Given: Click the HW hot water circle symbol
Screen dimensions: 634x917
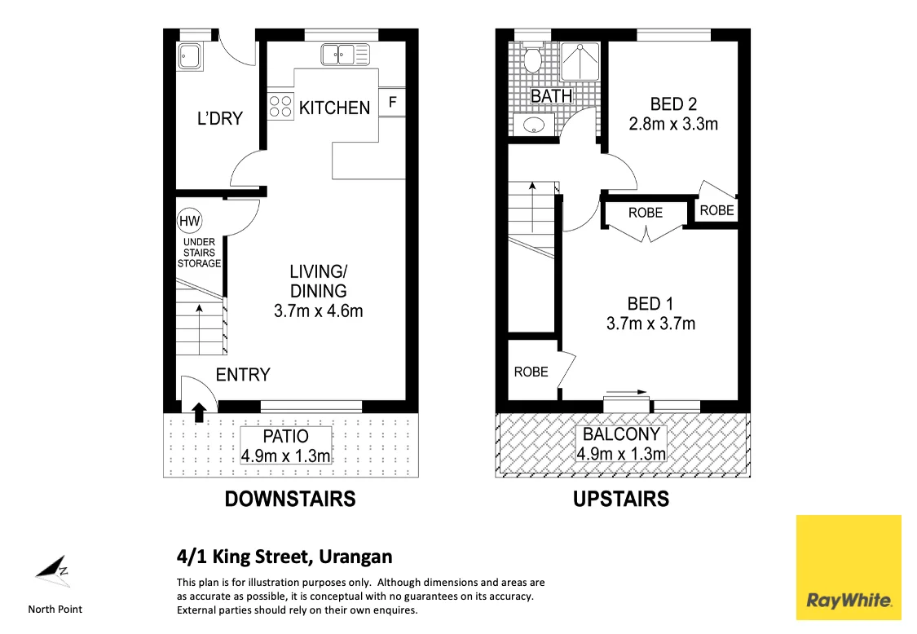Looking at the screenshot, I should click(x=189, y=220).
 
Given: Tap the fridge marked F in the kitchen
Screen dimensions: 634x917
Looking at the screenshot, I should click(x=393, y=103).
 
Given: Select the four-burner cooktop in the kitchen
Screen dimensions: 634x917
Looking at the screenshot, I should click(x=280, y=107).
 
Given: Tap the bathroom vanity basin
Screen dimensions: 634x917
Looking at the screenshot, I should click(x=533, y=125).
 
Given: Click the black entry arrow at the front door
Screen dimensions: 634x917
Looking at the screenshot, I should click(x=198, y=412).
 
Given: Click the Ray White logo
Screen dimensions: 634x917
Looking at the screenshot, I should click(x=849, y=568).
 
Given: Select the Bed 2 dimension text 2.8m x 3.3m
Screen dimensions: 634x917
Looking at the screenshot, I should click(x=673, y=125).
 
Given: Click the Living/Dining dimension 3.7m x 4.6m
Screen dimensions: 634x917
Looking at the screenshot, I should click(x=318, y=310).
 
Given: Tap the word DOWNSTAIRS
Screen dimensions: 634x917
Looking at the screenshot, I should click(x=290, y=499).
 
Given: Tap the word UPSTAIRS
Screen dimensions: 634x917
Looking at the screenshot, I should click(x=621, y=499).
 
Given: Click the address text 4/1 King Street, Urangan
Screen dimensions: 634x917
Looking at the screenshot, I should click(x=284, y=557).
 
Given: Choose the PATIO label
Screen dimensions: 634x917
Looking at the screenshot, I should click(x=285, y=437).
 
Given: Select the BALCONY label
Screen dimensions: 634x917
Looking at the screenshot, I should click(x=621, y=434).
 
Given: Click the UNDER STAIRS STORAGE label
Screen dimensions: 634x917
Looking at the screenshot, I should click(x=199, y=253).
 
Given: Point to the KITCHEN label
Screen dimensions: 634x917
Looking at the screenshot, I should click(x=334, y=108).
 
